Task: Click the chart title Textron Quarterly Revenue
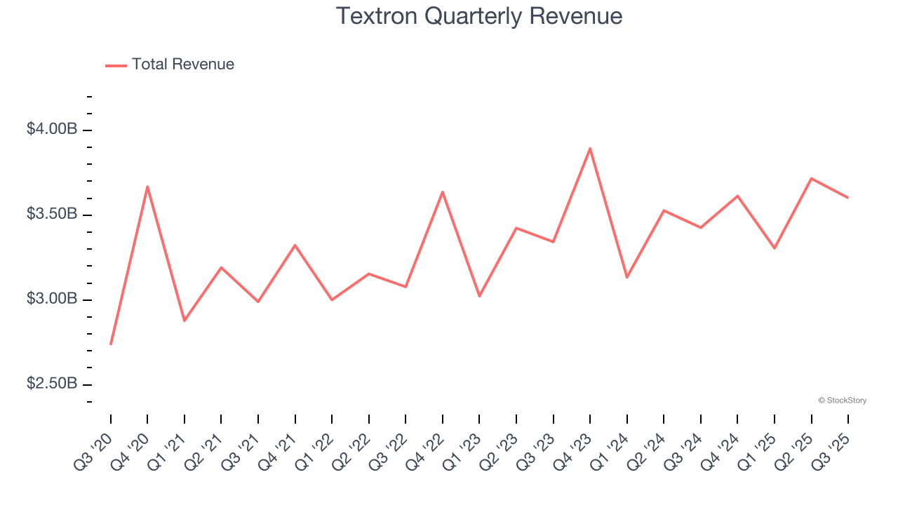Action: tap(479, 16)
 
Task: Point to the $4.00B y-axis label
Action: tap(52, 129)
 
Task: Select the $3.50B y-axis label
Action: tap(52, 214)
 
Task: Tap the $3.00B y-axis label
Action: tap(52, 299)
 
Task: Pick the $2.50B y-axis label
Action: tap(52, 384)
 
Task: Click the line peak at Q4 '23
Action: tap(590, 148)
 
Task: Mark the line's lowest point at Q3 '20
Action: tap(111, 344)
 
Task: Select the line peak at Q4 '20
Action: tap(147, 187)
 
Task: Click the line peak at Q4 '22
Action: tap(443, 191)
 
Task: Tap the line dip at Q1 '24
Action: tap(627, 277)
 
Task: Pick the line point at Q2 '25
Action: tap(812, 178)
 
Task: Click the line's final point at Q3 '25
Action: tap(847, 198)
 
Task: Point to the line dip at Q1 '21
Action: tap(185, 321)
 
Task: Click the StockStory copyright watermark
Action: tap(842, 400)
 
